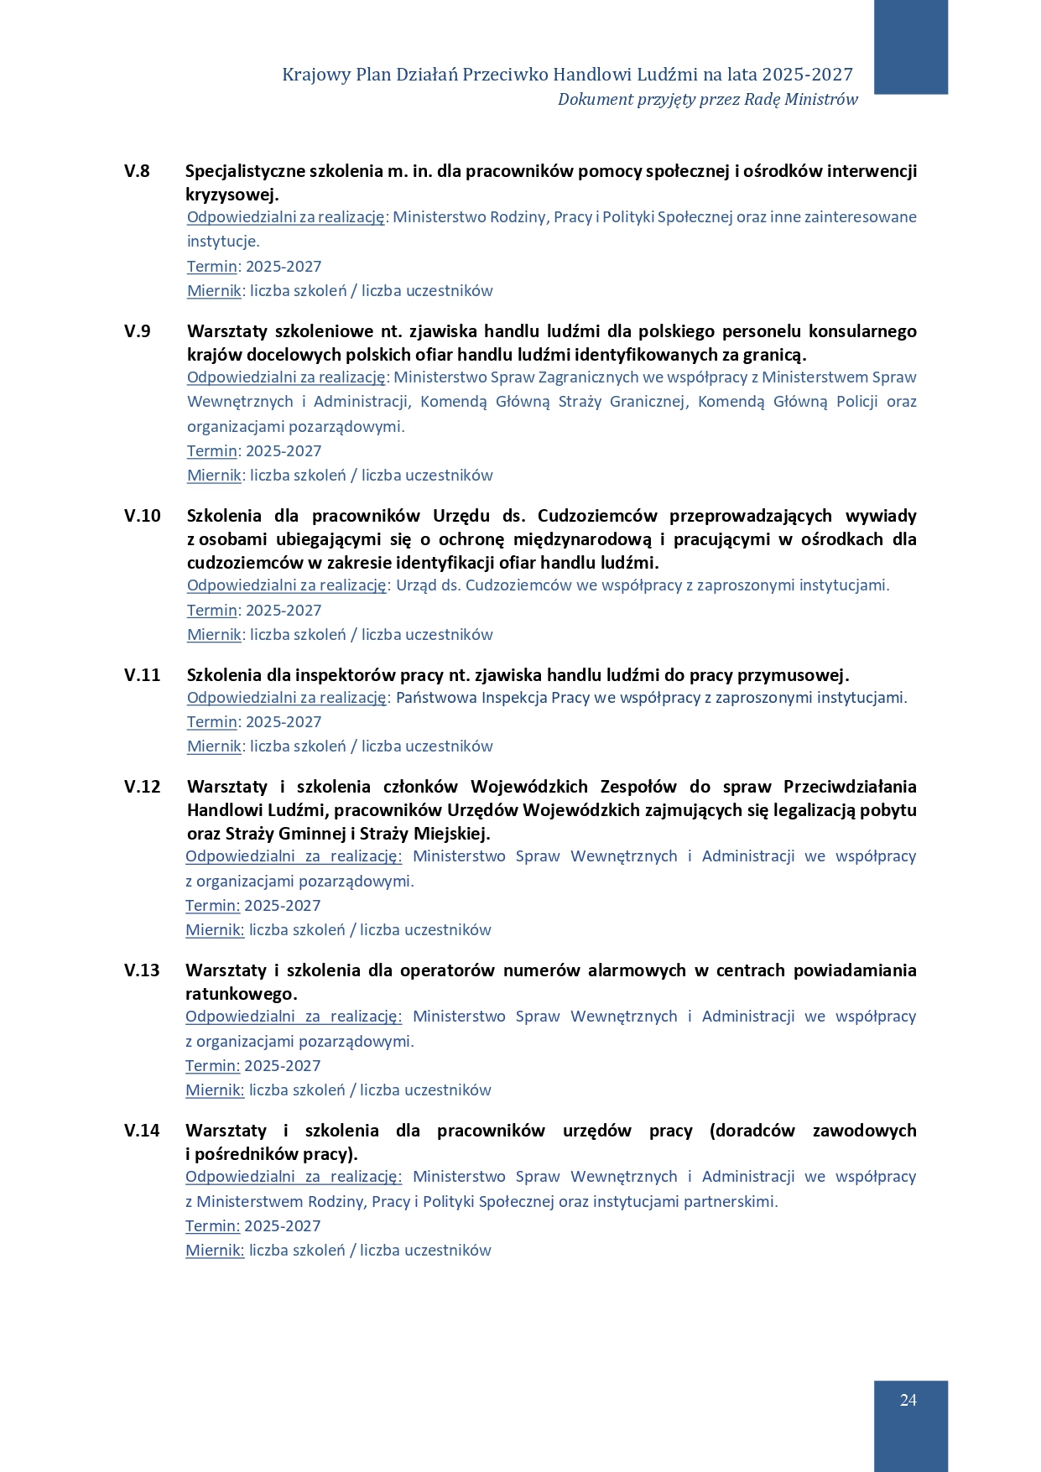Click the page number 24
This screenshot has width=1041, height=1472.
coord(908,1400)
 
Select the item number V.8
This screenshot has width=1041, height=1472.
coord(137,171)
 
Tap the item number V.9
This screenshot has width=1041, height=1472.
coord(138,331)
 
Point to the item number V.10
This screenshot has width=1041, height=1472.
coord(142,516)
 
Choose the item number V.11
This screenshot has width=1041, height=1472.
coord(142,675)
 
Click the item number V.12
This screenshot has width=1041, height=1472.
coord(142,787)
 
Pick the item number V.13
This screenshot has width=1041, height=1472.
coord(142,970)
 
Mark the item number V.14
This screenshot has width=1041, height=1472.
coord(142,1131)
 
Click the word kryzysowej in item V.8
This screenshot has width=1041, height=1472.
coord(232,195)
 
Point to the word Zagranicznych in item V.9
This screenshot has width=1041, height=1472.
coord(588,377)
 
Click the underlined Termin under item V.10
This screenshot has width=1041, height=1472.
coord(212,611)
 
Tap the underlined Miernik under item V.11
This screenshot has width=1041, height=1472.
coord(214,746)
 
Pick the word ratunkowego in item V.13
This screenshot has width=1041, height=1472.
coord(241,994)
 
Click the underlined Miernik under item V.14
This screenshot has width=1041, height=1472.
coord(214,1251)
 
